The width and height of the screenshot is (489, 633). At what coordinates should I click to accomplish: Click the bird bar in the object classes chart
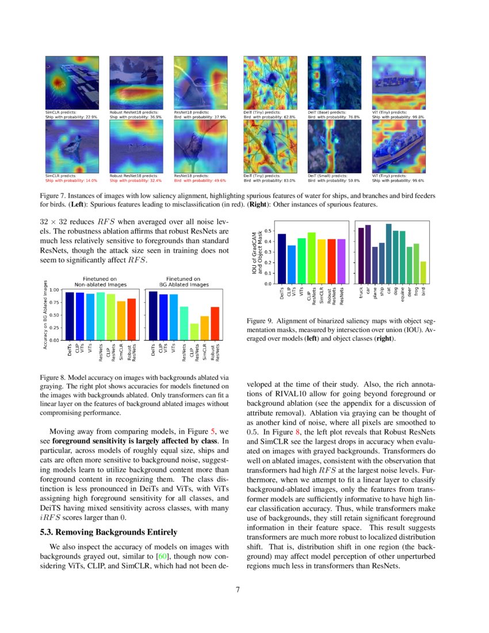[423, 273]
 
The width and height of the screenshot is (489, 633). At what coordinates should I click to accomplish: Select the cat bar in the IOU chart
[388, 254]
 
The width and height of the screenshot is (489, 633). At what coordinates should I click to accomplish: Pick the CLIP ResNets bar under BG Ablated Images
[194, 331]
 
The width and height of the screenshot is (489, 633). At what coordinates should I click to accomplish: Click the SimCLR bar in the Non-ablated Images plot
[121, 321]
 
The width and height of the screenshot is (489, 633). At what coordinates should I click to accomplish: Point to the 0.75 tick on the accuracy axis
[54, 302]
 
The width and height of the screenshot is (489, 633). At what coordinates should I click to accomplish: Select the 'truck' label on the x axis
[361, 293]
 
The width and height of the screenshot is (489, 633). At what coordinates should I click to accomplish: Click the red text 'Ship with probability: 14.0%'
[71, 180]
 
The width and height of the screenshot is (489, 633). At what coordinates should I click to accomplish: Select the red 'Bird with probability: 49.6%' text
[200, 180]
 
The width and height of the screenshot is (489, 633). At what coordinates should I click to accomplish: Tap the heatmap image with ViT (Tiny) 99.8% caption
[399, 83]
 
